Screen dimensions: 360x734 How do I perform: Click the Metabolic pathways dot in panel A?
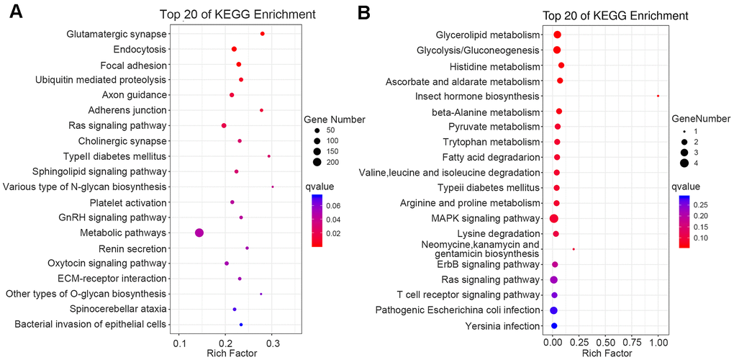[199, 233]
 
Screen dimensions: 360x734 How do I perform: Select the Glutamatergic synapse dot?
[263, 34]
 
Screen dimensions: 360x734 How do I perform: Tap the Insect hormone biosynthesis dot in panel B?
[658, 96]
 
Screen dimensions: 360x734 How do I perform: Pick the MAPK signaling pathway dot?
[553, 218]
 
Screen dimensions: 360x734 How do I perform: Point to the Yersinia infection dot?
[554, 326]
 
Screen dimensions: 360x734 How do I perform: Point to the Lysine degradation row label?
[497, 234]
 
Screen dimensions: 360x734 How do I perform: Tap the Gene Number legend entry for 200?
[330, 162]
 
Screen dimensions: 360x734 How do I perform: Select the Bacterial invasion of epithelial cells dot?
[241, 325]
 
